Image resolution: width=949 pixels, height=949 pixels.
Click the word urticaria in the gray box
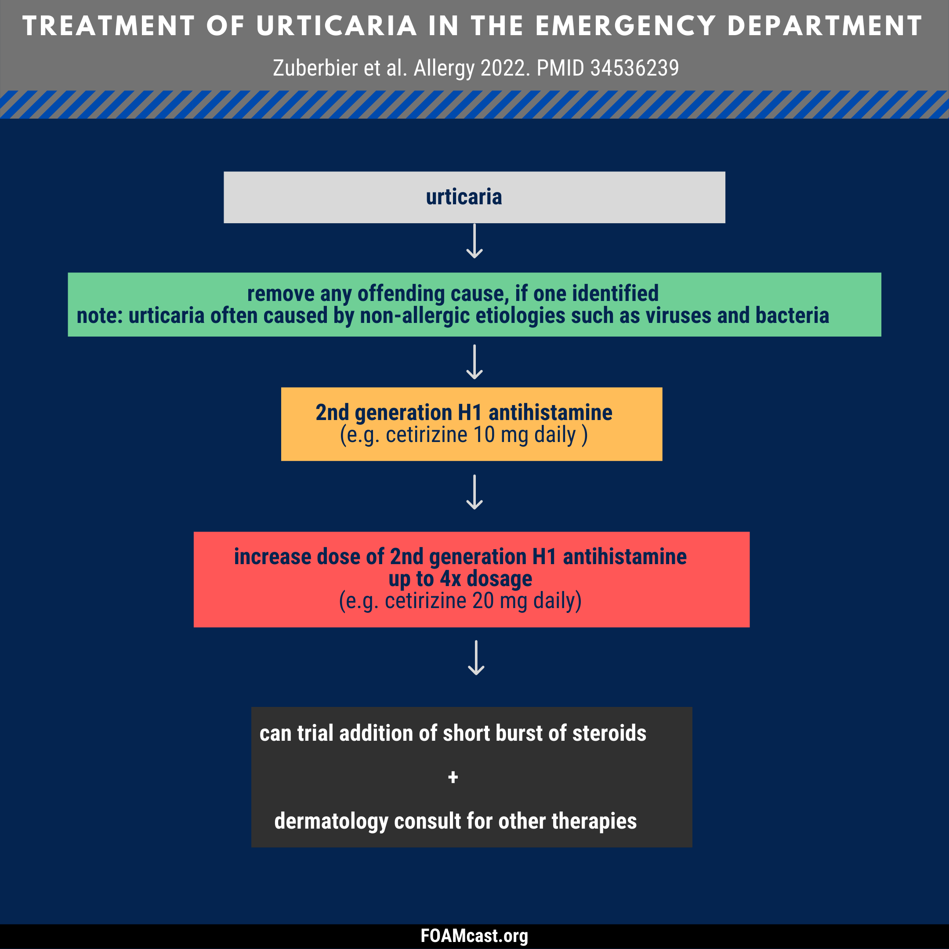[x=464, y=197]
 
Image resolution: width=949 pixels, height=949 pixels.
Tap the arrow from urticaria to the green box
[x=474, y=241]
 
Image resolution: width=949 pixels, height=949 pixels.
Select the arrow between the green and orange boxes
[x=474, y=362]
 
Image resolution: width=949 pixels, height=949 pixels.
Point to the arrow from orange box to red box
[x=474, y=492]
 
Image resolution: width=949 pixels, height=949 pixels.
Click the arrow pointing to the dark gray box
[x=476, y=657]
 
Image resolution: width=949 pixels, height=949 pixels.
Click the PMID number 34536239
[x=634, y=68]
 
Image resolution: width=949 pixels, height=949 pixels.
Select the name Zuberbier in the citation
[x=315, y=68]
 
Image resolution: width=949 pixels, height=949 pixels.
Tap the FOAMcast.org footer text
[x=474, y=936]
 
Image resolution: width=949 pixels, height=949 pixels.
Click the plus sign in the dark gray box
[x=453, y=777]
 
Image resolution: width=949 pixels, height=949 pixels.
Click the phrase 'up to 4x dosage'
[x=460, y=579]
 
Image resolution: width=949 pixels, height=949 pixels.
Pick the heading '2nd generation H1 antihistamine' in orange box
[x=464, y=413]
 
